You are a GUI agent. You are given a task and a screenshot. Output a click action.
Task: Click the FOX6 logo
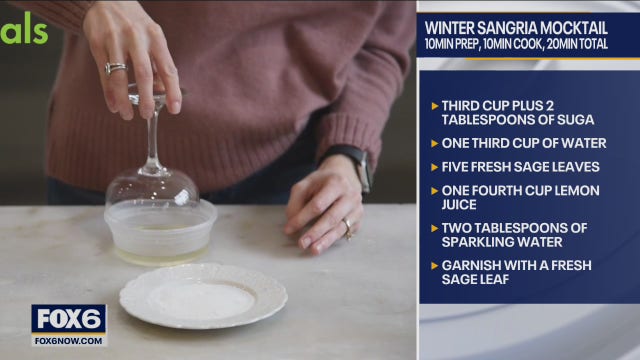click(x=68, y=319)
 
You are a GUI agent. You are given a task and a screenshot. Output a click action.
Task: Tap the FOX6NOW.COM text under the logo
click(x=68, y=340)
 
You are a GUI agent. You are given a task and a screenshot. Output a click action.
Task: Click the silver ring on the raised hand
click(x=116, y=68)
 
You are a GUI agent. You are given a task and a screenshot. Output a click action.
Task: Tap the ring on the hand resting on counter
click(x=347, y=226)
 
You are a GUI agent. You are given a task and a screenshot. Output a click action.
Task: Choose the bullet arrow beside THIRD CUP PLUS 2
click(x=434, y=105)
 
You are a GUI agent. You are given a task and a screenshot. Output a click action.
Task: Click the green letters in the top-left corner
click(x=24, y=30)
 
